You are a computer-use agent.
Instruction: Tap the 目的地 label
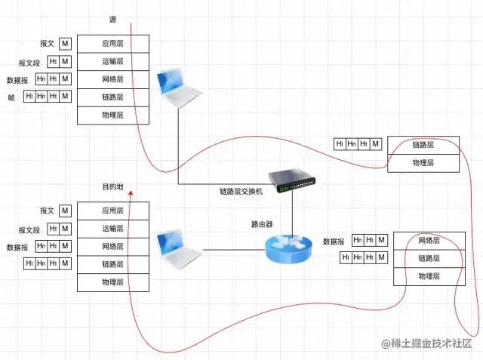(x=113, y=186)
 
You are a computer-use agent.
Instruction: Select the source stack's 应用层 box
(x=113, y=44)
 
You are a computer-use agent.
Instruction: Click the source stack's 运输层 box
(x=113, y=62)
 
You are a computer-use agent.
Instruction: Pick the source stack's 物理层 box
(x=113, y=115)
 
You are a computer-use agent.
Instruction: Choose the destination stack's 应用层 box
(x=113, y=211)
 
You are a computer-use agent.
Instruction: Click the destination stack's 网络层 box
(x=113, y=246)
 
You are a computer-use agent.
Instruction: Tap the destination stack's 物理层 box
(x=113, y=282)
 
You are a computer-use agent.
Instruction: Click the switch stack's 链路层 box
(x=423, y=144)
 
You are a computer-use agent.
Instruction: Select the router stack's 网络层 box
(x=429, y=241)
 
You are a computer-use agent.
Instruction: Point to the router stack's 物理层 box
(x=429, y=276)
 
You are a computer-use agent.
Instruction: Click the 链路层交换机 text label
(x=241, y=192)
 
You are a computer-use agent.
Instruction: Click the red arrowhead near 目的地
(x=131, y=192)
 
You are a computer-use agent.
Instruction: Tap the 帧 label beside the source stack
(x=11, y=97)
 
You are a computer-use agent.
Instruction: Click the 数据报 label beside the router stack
(x=334, y=242)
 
